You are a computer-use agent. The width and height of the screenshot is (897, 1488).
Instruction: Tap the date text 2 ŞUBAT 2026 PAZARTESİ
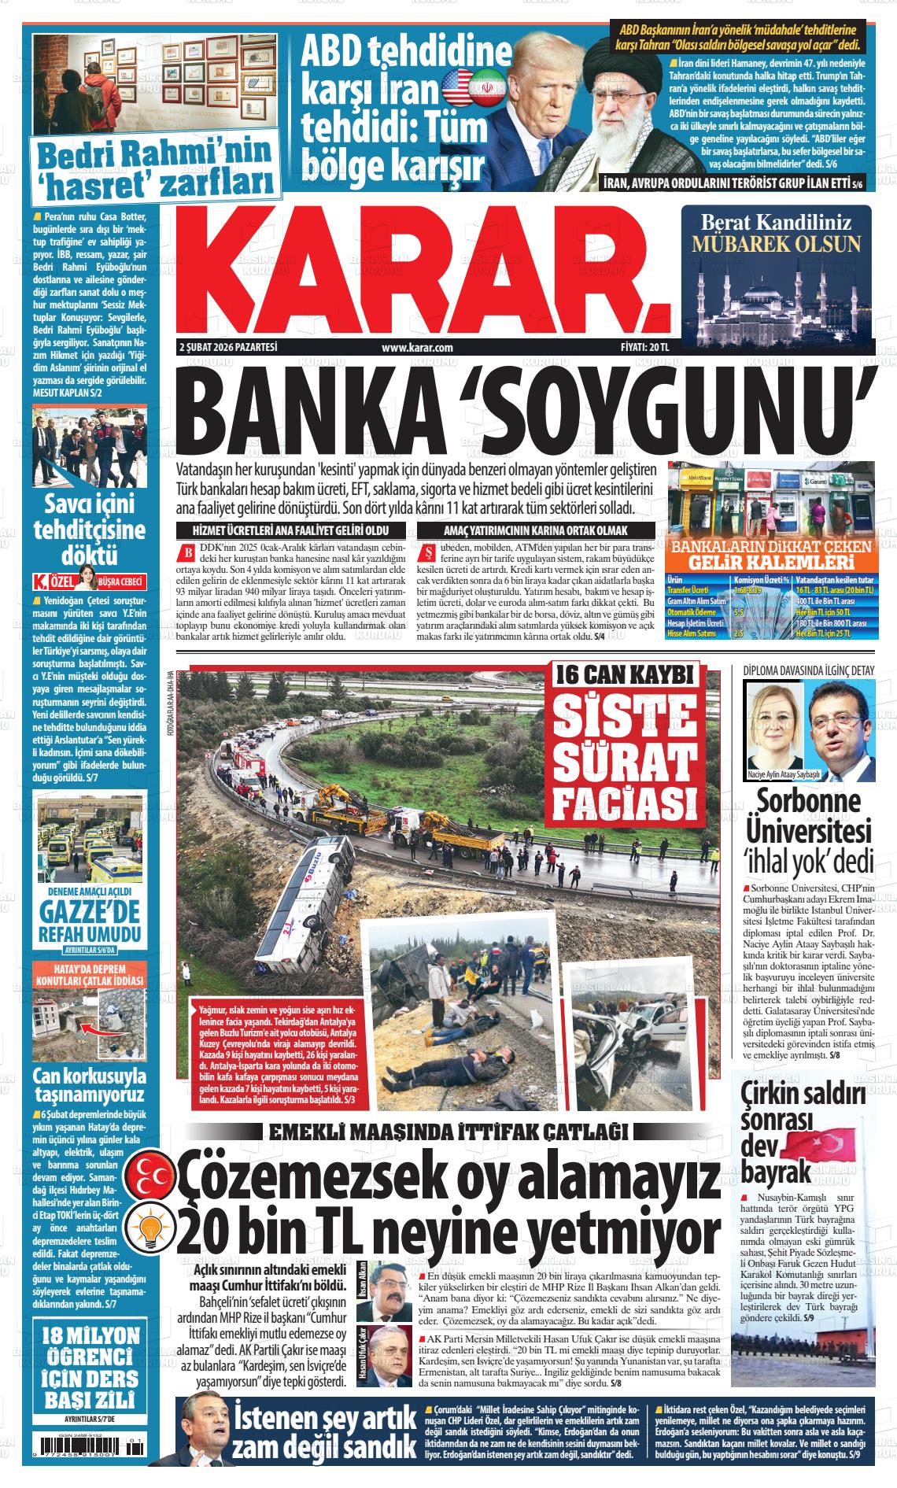[229, 347]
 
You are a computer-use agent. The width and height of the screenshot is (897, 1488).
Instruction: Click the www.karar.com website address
[417, 347]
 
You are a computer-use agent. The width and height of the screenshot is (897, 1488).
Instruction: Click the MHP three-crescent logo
[154, 1172]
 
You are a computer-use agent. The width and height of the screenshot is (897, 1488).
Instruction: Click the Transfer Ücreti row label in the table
[687, 589]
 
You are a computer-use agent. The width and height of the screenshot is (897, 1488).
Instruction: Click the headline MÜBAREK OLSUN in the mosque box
[776, 242]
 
